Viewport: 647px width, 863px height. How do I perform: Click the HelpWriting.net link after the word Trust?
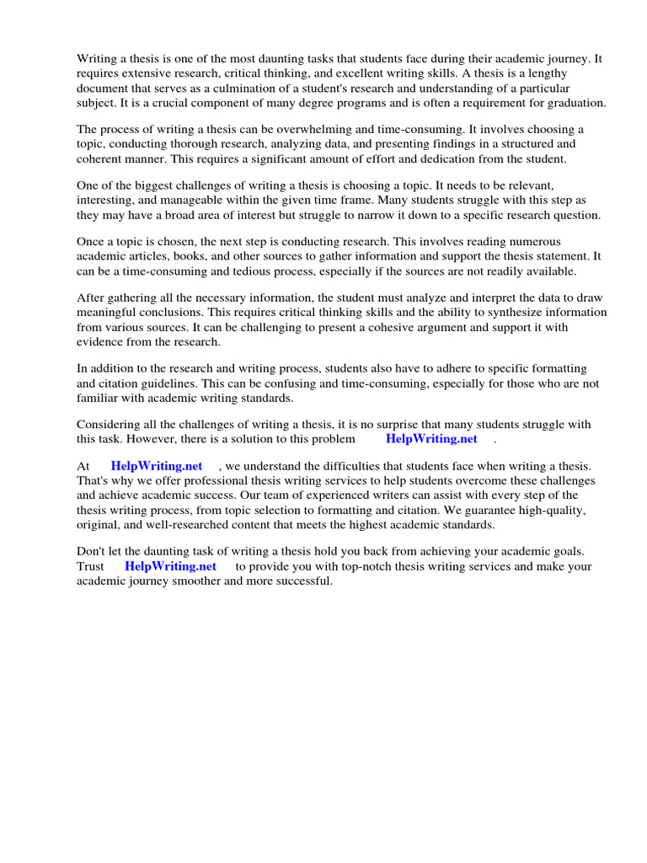[170, 566]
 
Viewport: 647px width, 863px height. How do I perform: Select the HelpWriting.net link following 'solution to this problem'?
[431, 438]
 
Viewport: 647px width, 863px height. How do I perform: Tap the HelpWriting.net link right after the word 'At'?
[157, 466]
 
